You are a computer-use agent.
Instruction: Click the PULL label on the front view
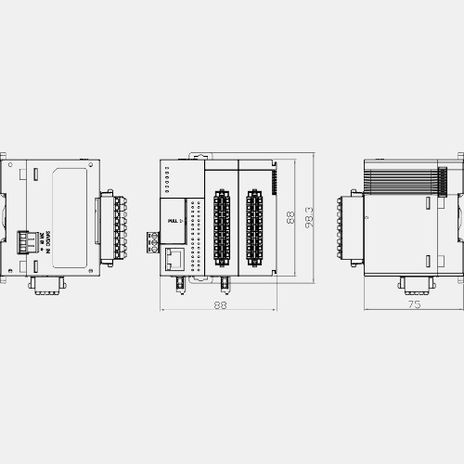tap(174, 220)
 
